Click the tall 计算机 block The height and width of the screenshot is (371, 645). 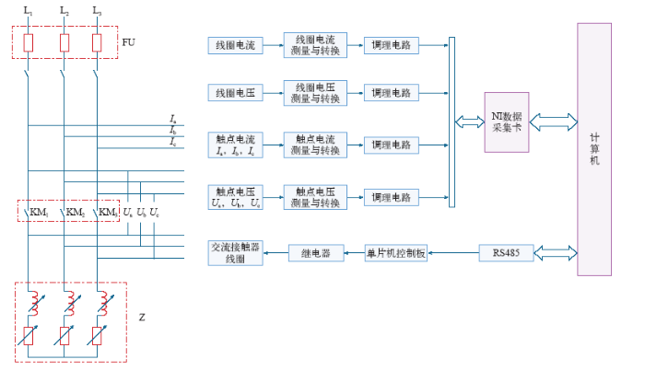pyautogui.click(x=594, y=147)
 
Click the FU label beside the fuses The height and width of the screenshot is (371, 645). pyautogui.click(x=127, y=42)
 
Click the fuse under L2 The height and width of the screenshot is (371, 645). pyautogui.click(x=63, y=43)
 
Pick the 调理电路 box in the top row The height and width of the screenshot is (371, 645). pyautogui.click(x=391, y=44)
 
